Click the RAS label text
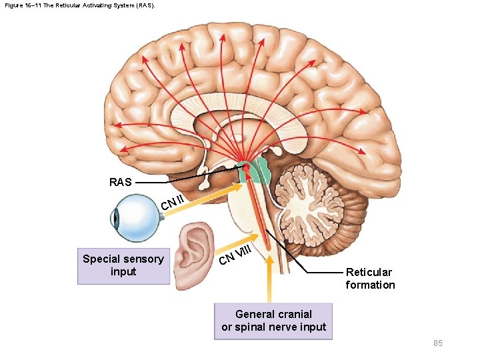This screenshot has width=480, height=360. pos(120,182)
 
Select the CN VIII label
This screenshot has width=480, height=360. pos(235,254)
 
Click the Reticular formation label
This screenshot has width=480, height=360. pos(370,279)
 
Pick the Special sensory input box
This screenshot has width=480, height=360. pos(123,265)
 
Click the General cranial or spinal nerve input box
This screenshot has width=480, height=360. pos(273,321)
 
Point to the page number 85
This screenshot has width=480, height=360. pos(437,343)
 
